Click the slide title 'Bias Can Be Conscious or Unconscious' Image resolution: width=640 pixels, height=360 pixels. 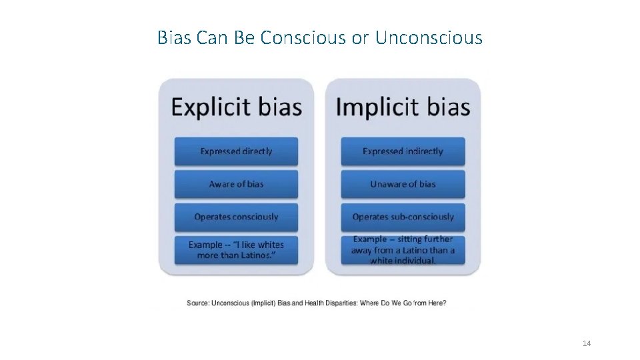(319, 38)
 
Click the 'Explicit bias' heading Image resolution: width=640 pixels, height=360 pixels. (237, 107)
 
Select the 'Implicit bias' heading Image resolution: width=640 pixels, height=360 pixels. (403, 107)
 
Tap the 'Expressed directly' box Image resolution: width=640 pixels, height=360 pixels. (237, 151)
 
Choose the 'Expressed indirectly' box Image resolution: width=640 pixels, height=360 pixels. (403, 151)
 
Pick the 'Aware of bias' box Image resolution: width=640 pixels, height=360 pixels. (237, 184)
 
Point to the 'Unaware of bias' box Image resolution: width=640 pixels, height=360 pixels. (403, 184)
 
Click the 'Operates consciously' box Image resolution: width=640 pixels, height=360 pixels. (237, 217)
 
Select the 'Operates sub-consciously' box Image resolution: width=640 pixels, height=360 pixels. (403, 217)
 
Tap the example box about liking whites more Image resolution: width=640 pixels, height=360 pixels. (237, 250)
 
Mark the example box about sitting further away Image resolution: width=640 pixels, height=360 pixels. (403, 250)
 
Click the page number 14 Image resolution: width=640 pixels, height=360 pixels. (587, 343)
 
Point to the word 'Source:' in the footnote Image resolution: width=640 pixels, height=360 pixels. (198, 303)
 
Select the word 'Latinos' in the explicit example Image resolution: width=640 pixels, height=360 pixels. (259, 255)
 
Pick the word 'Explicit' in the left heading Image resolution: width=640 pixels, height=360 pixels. (207, 107)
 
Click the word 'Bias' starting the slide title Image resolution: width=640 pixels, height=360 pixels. (171, 38)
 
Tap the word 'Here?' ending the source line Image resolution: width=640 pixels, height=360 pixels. (435, 303)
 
